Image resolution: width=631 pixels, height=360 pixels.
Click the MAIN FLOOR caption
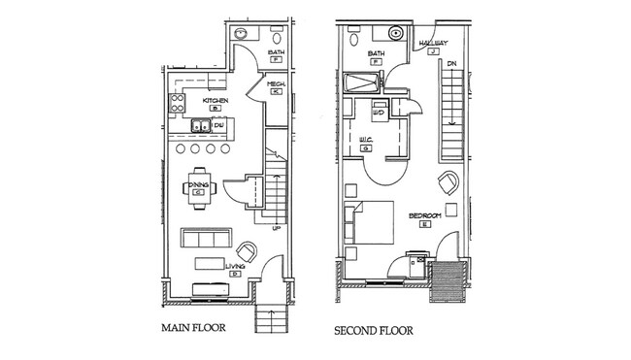[192, 329]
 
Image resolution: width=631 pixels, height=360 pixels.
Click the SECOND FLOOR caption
[374, 331]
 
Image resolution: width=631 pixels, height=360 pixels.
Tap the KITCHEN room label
[216, 100]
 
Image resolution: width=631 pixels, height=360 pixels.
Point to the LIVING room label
[234, 266]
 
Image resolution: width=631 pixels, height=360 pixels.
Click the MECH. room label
[276, 84]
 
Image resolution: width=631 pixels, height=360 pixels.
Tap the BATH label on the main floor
[276, 53]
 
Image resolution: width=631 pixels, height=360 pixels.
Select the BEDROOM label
[425, 215]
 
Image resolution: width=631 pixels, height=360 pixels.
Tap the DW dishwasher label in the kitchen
[219, 125]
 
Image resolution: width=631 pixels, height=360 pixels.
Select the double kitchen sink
[199, 125]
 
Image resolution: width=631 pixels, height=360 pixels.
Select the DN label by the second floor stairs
[450, 64]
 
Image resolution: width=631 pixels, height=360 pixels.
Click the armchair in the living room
[248, 250]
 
